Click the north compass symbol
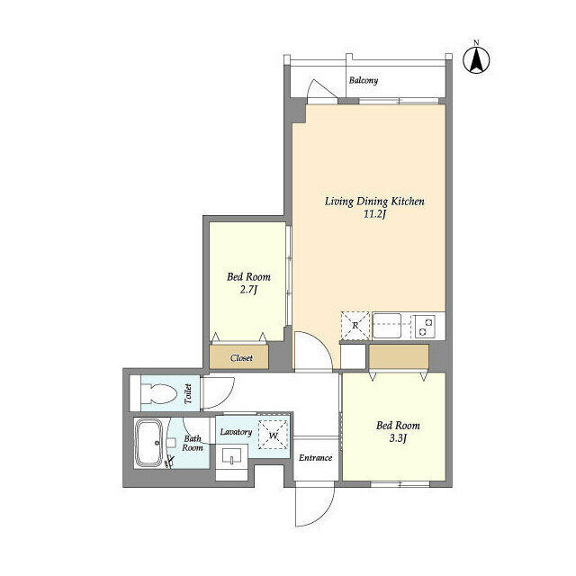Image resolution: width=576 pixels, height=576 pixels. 476,59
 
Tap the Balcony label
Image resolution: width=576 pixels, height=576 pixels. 364,80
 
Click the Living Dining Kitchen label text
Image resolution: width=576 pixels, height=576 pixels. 374,202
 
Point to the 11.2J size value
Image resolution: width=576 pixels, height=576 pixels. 374,214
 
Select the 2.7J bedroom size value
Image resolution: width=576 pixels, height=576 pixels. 248,290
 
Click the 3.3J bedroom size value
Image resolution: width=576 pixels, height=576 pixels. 398,438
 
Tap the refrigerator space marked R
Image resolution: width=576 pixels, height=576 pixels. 355,326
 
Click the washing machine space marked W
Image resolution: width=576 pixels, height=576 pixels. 273,435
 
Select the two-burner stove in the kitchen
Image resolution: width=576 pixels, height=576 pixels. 425,326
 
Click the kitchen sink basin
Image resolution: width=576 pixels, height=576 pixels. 387,326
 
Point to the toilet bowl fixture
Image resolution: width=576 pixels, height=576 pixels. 159,393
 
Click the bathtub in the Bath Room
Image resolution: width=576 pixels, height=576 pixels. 148,444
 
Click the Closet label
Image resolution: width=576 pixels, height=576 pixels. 241,358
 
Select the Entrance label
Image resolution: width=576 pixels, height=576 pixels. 316,458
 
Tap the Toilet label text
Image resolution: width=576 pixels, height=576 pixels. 188,394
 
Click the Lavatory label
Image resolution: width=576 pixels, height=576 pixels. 236,432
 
